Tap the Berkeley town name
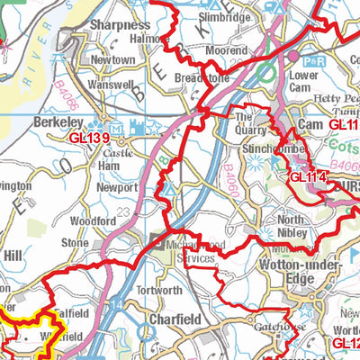pos(58,121)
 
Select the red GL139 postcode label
pos(92,137)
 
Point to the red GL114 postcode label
pos(309,177)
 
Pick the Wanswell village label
pos(112,79)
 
